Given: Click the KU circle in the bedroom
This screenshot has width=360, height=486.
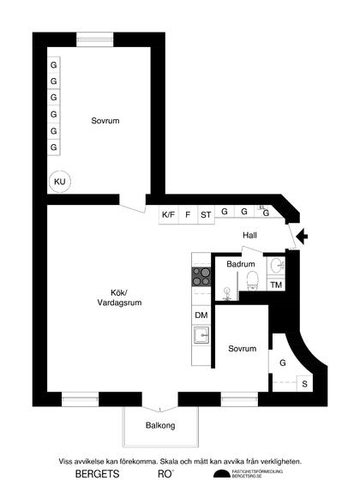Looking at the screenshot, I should point(59,182).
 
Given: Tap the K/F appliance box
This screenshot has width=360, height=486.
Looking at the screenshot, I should point(169,214).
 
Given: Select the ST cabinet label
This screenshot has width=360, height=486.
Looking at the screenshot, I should point(206,214).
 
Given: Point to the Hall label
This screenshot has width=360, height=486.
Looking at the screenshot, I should point(249,234).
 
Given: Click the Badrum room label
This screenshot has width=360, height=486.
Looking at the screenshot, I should point(241,265).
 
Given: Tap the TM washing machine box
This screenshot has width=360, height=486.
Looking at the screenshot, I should point(276,285).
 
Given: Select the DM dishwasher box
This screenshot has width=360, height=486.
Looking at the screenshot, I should point(201,315).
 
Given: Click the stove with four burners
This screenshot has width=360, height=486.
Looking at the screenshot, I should point(201,276).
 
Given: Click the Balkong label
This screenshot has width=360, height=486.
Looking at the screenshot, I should point(160,425).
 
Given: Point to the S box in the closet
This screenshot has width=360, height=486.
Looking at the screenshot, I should point(304,384).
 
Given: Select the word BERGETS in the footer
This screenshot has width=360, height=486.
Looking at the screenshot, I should point(97,473).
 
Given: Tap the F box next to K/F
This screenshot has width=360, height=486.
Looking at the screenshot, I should point(188,214).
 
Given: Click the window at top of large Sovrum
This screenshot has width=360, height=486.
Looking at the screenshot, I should point(94,39).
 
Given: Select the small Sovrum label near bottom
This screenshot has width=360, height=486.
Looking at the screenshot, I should point(243,349).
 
